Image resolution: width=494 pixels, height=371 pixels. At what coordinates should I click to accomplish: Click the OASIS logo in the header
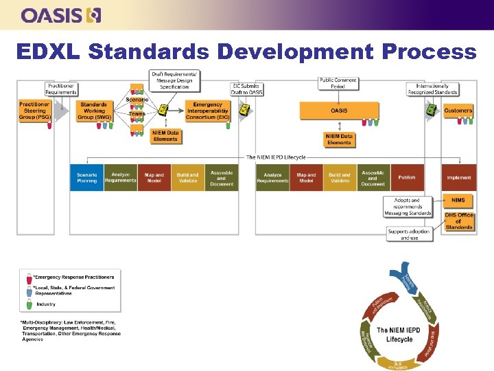point(61,14)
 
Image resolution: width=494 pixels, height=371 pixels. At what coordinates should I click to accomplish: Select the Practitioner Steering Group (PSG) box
point(34,111)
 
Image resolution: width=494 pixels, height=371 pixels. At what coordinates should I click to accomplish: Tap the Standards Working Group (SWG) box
point(93,111)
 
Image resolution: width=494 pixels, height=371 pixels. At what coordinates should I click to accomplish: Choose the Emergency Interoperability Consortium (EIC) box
point(208,111)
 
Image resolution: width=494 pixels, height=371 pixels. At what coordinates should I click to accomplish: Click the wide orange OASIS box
point(338,110)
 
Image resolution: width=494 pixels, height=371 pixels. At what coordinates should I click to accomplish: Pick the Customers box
point(458,110)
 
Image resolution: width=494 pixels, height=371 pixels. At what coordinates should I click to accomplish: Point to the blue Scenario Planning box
point(86,177)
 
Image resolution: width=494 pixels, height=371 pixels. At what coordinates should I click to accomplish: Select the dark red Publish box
point(407,177)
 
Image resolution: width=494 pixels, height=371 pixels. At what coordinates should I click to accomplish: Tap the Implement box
point(459,177)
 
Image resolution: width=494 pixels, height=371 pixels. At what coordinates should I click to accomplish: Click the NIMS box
point(458,200)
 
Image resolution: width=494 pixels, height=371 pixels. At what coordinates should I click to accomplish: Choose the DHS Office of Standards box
point(458,221)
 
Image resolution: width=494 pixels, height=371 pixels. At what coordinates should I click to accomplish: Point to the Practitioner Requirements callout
point(61,89)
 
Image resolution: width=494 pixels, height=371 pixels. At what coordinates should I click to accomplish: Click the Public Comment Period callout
point(338,84)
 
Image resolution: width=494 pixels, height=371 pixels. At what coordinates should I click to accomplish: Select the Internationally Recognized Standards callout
point(432,89)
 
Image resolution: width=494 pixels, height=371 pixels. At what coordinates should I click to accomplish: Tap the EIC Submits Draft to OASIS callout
point(247,89)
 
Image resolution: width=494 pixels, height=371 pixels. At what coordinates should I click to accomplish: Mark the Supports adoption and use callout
point(409,234)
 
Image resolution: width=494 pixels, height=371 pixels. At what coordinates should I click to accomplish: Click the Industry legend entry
point(47,304)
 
